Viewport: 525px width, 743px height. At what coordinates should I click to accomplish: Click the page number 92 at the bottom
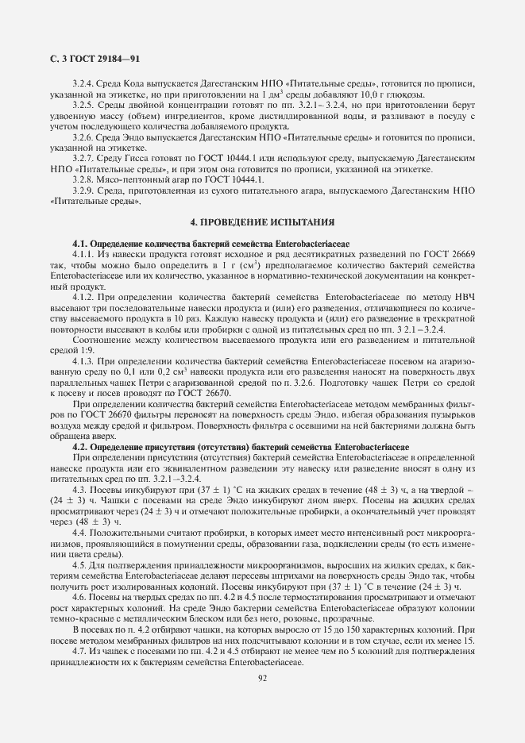click(x=262, y=678)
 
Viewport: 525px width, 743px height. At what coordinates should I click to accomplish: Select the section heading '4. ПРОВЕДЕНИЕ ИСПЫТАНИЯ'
click(x=262, y=221)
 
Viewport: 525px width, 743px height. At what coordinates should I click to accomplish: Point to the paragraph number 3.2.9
click(x=83, y=191)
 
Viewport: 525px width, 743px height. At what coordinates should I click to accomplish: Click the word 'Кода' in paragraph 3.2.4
click(x=129, y=83)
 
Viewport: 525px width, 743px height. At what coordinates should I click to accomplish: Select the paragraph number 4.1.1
click(x=83, y=252)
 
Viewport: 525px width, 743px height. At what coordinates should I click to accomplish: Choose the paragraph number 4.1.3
click(x=83, y=360)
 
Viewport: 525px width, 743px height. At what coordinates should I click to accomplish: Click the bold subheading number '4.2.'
click(x=81, y=447)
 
